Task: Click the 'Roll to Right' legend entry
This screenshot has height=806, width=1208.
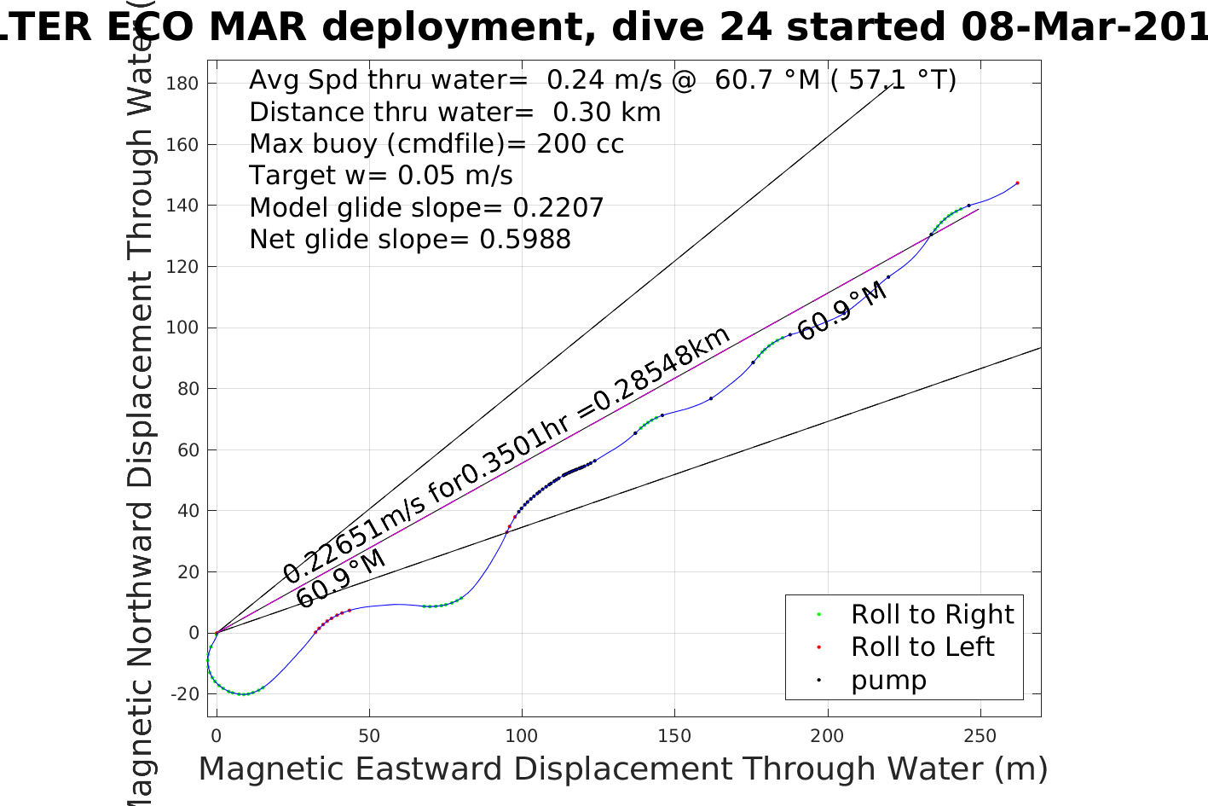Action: [x=932, y=614]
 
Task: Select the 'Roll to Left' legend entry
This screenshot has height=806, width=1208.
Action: [x=922, y=647]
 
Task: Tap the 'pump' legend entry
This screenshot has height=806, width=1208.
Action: [x=887, y=680]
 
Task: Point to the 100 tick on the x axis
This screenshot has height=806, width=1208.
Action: [x=522, y=735]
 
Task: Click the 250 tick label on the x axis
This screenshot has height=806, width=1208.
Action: [x=980, y=735]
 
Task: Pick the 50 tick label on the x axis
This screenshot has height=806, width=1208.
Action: [x=369, y=735]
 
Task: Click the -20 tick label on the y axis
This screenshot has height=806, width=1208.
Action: [x=185, y=694]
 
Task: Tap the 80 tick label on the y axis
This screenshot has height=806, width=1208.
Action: [x=188, y=389]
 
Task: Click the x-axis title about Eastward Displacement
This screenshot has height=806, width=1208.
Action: [x=622, y=769]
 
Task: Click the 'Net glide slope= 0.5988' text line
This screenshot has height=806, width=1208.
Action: [x=410, y=240]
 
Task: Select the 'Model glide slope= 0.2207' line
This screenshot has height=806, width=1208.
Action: [x=426, y=207]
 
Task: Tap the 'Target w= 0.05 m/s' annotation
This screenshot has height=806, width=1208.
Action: [x=381, y=176]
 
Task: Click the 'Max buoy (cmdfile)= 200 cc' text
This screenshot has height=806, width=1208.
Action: [x=436, y=143]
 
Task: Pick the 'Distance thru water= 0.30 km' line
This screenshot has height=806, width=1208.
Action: [x=454, y=112]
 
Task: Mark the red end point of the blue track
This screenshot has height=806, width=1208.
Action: [x=1017, y=183]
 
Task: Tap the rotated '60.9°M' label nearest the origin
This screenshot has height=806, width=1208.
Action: [x=341, y=579]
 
